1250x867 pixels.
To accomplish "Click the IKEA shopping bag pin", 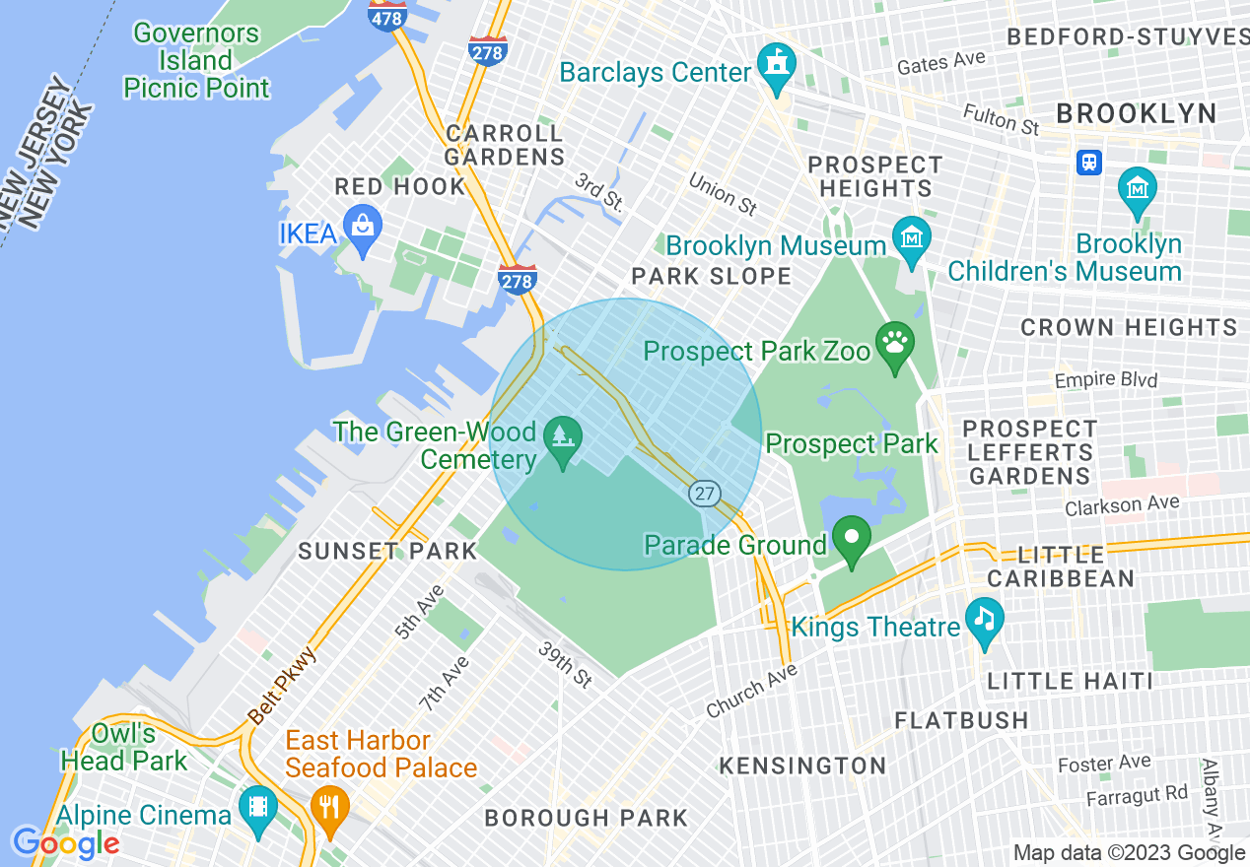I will click(x=363, y=230).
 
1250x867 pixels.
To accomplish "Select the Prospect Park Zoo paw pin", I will click(x=894, y=346).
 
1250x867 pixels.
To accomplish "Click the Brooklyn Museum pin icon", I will click(x=912, y=239).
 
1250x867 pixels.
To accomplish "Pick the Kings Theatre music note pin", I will click(x=984, y=622).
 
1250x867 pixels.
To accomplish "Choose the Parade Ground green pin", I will click(x=852, y=540).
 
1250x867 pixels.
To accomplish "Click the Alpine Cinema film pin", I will click(x=258, y=810).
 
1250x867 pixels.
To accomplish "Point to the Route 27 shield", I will click(x=705, y=494).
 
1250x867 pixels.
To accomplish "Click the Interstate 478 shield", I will click(x=386, y=15).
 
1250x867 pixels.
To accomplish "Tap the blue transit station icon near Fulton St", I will click(x=1089, y=162).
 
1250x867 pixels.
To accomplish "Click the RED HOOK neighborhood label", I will click(x=399, y=186).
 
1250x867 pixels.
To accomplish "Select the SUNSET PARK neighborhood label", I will click(x=387, y=551).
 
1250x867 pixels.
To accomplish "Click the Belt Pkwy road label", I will click(x=282, y=685).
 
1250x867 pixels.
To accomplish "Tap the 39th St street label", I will click(x=566, y=665).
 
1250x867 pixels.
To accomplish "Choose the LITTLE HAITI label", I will click(x=1070, y=681).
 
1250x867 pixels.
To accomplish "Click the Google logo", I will click(x=65, y=843).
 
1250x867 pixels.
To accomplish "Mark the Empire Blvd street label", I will click(x=1105, y=379).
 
